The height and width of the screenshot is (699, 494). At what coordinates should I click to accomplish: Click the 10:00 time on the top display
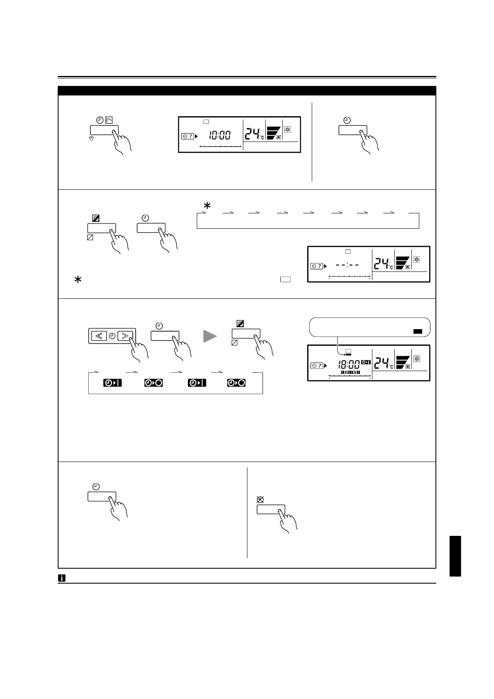coord(220,135)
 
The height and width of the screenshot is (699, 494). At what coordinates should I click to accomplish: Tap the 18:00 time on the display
coord(348,365)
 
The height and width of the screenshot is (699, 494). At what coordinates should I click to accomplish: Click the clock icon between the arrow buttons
coord(112,335)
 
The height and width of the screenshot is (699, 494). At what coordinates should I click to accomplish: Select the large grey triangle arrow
coord(210,336)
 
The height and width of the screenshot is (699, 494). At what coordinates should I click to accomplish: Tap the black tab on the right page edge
coord(455,556)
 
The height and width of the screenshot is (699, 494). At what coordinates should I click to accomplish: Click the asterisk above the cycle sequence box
coord(206,206)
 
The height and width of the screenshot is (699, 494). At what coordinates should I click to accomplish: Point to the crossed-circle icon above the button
coord(261,500)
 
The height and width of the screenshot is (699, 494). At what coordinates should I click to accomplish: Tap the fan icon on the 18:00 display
coord(407,367)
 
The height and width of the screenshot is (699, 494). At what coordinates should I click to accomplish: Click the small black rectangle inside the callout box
coord(417,332)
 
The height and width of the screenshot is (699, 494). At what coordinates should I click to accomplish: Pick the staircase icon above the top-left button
coord(109,120)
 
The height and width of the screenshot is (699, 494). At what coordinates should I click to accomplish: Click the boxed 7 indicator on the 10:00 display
coord(188,136)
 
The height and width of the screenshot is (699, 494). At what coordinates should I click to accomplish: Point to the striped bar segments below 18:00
coord(350,373)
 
